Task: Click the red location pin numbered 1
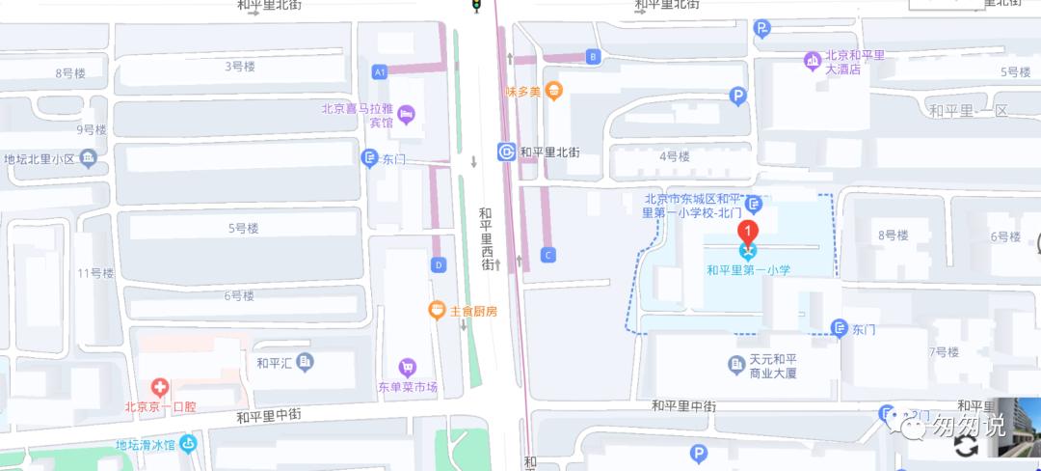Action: coord(747,232)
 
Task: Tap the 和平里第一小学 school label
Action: coord(748,270)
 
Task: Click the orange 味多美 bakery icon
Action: coord(553,92)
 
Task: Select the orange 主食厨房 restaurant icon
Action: coord(437,310)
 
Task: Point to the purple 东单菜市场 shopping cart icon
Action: coord(407,367)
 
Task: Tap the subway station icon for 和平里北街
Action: coord(507,152)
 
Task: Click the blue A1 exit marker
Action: coord(380,71)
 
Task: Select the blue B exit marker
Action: coord(593,57)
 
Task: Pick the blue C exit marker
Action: coord(548,255)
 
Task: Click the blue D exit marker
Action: coord(439,264)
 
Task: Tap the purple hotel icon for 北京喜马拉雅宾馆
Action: coord(406,115)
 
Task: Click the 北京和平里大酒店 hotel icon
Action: coord(812,62)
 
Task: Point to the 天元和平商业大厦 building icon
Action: coord(735,364)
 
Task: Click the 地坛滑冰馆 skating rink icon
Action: coord(188,444)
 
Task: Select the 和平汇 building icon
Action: coord(306,362)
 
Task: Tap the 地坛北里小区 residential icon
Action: coord(88,158)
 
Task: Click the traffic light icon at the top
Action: coord(475,6)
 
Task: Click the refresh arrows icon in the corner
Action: coord(967,445)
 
